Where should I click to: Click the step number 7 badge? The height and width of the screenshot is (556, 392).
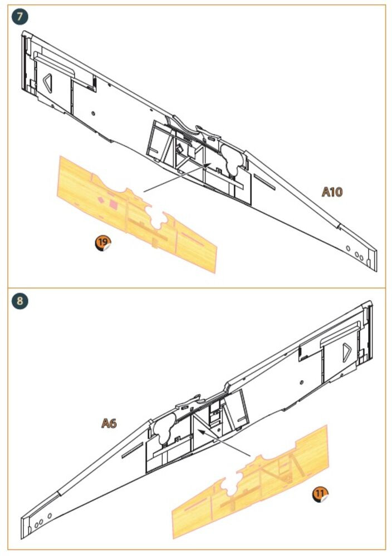tap(19, 17)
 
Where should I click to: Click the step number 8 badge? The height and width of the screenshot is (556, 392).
tap(19, 301)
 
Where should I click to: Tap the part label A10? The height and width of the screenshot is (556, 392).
tap(332, 192)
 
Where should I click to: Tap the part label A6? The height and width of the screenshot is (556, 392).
tap(109, 423)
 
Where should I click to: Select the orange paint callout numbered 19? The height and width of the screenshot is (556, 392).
tap(103, 243)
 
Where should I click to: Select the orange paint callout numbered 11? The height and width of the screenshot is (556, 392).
tap(320, 494)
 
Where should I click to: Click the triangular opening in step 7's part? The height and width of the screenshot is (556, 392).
tap(48, 83)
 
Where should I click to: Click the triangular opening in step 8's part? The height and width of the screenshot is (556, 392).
tap(346, 353)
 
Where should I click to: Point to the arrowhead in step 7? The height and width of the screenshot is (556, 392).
tap(208, 165)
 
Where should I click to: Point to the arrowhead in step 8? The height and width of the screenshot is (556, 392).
tap(201, 432)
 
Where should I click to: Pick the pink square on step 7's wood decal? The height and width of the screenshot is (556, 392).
tap(113, 203)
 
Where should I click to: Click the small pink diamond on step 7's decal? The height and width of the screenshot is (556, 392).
tap(101, 200)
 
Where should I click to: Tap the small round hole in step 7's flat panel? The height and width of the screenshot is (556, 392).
tap(93, 113)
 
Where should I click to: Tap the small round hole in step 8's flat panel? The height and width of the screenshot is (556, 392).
tap(301, 383)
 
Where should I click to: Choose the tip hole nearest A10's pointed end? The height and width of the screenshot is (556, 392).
tap(361, 258)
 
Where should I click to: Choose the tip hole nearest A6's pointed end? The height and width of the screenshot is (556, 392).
tap(36, 525)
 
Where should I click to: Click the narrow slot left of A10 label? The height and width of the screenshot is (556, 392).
tap(264, 182)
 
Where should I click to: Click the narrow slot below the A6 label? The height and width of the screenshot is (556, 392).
tap(133, 450)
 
